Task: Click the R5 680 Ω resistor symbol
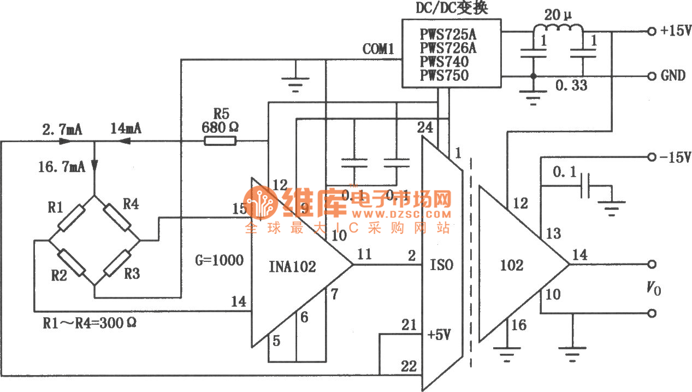[220, 141]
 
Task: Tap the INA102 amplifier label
[292, 267]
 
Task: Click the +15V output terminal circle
[650, 32]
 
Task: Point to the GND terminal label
[673, 75]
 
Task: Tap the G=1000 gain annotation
[220, 260]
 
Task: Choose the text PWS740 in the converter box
[444, 62]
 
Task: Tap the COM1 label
[378, 49]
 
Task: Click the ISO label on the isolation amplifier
[441, 265]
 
